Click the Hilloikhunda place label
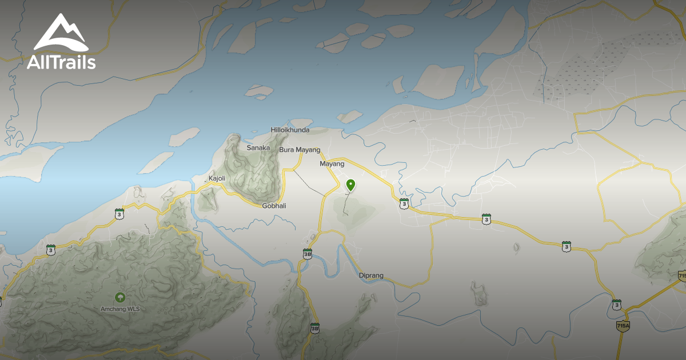[290, 130]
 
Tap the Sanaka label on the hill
[258, 148]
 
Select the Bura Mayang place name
[300, 150]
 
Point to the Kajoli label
[217, 178]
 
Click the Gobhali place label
[274, 206]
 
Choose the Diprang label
[371, 275]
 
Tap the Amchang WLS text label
[120, 309]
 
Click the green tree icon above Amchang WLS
[120, 298]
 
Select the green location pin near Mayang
[351, 185]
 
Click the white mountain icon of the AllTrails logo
[60, 34]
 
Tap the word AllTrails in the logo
[61, 62]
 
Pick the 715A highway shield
[623, 326]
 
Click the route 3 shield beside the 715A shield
[616, 305]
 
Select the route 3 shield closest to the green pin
[405, 203]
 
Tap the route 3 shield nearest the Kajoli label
[119, 214]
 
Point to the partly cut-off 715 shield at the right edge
[682, 276]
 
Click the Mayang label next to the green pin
[332, 164]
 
